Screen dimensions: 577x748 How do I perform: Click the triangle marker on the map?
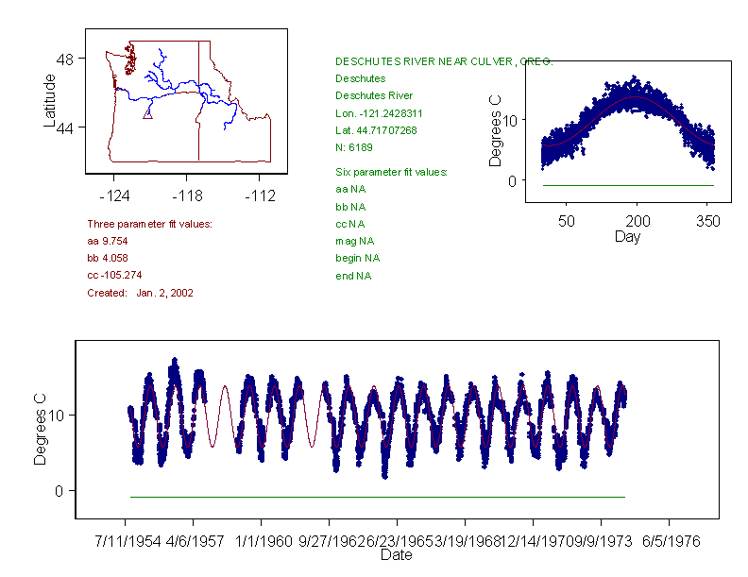tap(147, 113)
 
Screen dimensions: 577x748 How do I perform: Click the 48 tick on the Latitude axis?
tap(65, 59)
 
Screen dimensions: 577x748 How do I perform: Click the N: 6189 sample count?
tap(355, 147)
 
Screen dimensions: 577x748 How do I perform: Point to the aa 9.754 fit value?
tap(108, 241)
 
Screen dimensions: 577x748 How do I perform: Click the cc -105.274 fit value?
tap(114, 275)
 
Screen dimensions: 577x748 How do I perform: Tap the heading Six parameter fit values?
tap(391, 172)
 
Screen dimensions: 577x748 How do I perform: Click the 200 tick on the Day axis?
tap(637, 221)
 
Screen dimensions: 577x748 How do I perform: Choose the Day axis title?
tap(627, 236)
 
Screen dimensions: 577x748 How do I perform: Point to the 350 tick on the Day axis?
tap(708, 221)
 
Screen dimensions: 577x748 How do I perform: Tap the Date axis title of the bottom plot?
tap(396, 555)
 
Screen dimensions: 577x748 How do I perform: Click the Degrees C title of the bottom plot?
tap(41, 430)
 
